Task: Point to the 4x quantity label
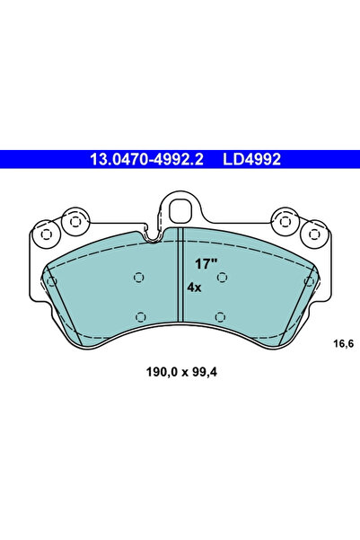coord(194,288)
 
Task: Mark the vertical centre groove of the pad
coord(180,274)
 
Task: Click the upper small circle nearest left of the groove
coord(137,278)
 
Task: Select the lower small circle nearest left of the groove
coord(139,315)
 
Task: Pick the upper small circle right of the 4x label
coord(222,278)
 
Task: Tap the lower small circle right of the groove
coord(221,315)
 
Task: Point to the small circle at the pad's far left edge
coord(52,281)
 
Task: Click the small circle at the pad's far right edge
coord(308,281)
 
